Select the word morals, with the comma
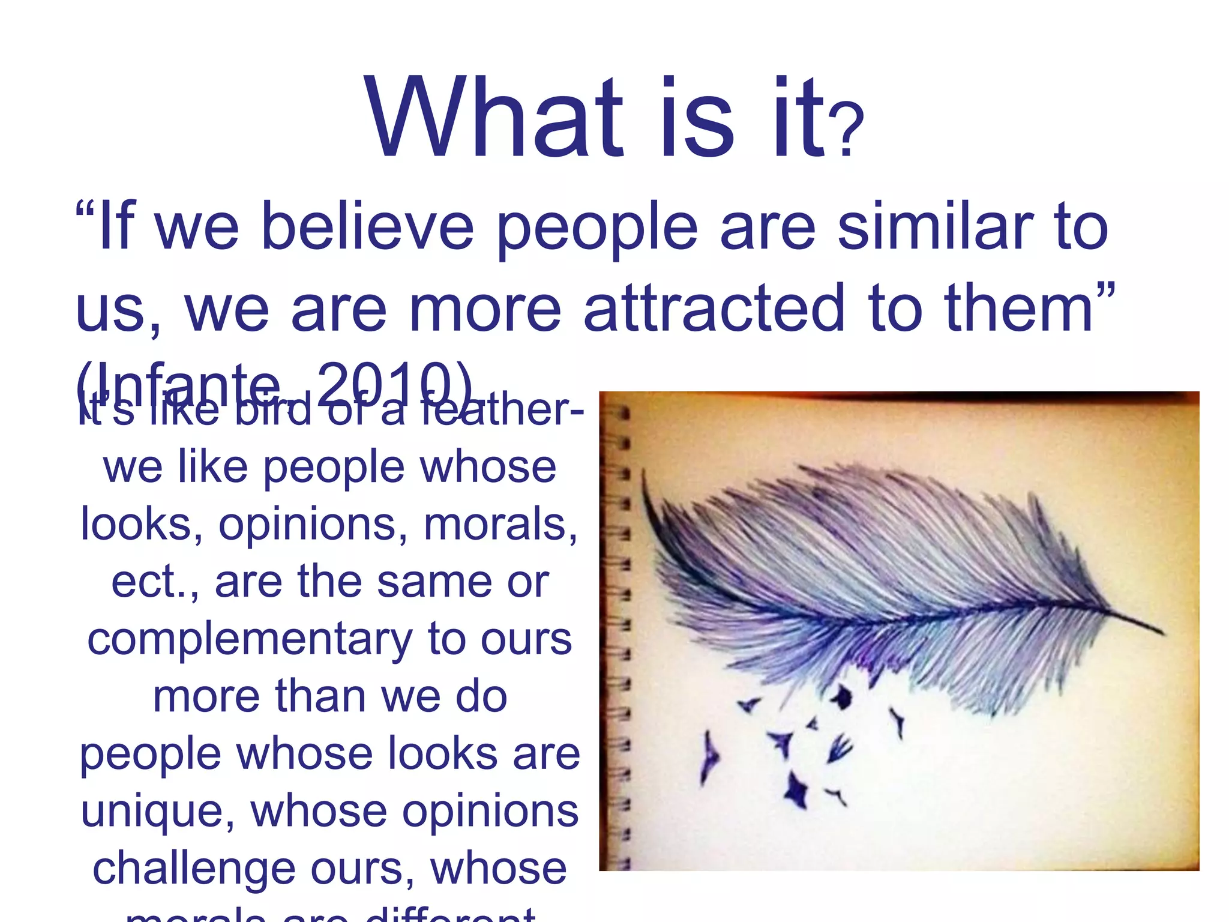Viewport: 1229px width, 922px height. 500,524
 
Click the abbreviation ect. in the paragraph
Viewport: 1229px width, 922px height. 154,582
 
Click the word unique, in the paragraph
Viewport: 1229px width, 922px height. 157,812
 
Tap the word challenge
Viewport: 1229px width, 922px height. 194,869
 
